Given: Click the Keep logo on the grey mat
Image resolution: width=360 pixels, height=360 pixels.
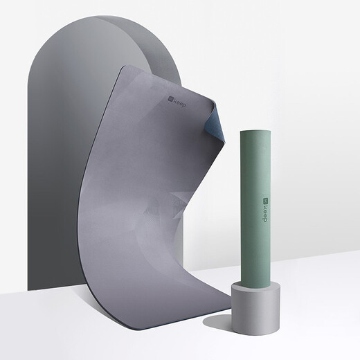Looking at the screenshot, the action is coord(177,102).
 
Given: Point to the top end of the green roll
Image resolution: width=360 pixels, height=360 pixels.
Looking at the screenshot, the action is coord(255,132).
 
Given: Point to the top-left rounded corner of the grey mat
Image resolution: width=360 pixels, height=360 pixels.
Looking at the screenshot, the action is coord(123,69).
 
